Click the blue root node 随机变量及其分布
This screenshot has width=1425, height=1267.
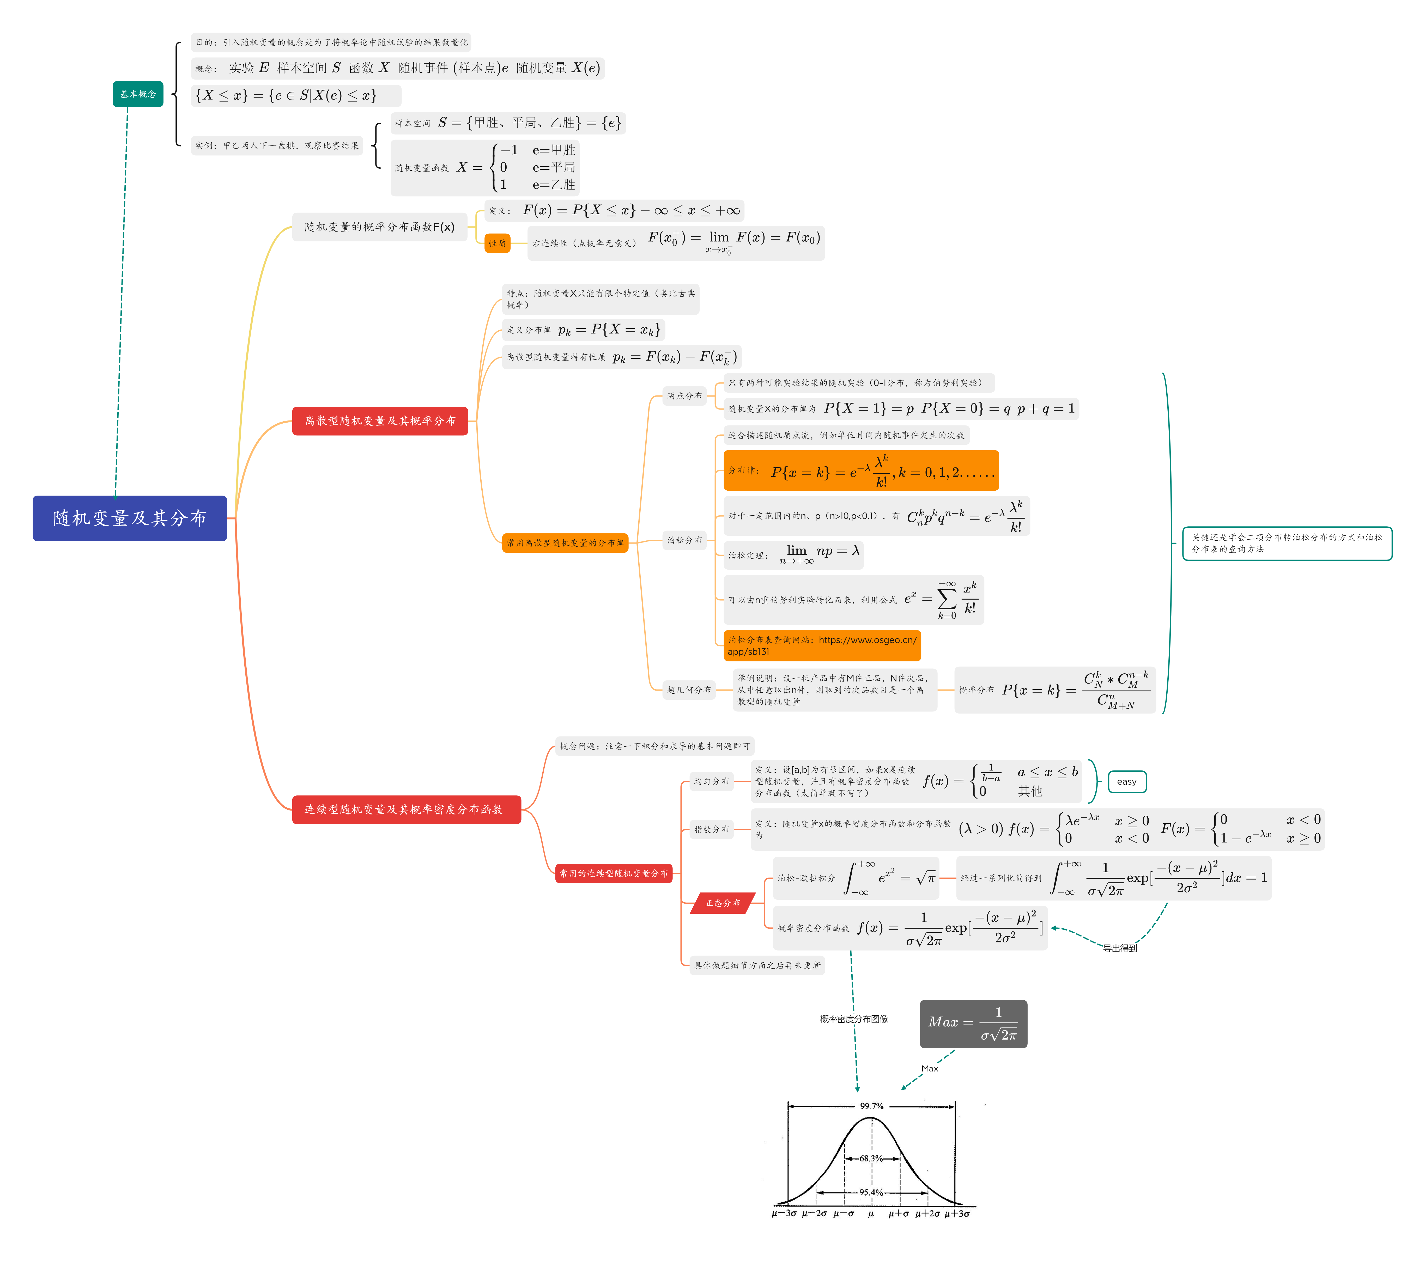130,518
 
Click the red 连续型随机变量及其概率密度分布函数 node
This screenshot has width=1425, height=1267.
406,809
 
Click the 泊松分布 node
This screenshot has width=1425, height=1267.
685,540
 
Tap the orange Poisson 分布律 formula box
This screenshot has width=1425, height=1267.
861,471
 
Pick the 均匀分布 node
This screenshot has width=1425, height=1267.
711,781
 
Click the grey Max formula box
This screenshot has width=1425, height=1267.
973,1023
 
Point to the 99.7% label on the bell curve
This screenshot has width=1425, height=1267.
871,1106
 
